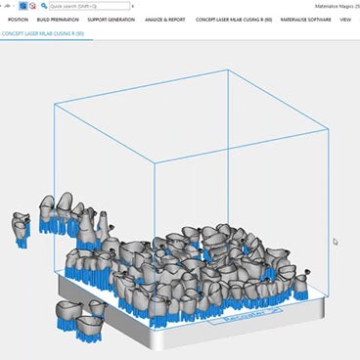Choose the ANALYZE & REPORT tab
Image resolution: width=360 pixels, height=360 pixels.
pos(164,19)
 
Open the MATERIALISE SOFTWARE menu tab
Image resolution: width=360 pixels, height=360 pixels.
pos(304,19)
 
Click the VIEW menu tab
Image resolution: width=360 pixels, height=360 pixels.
pos(345,19)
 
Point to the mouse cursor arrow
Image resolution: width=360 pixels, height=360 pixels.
pos(335,241)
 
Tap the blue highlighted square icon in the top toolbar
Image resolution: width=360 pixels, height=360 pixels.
pos(21,6)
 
